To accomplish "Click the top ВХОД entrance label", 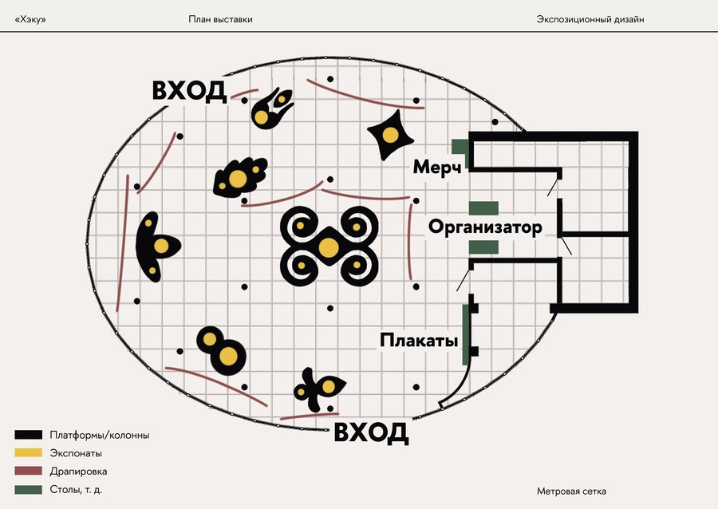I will coord(189,91).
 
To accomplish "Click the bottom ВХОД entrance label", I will coord(371,433).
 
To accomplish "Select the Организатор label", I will coord(485,227).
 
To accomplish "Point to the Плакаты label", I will coord(419,341).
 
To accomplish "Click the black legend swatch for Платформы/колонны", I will coord(28,435).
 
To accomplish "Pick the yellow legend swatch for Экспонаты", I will coord(28,453).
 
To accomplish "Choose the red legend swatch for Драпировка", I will coord(28,472).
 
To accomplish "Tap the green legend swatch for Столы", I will coord(28,489).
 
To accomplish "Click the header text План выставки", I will coord(221,19).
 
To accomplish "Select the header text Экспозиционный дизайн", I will coord(590,19).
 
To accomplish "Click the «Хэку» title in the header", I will coord(30,19).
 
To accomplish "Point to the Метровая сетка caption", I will coord(577,491).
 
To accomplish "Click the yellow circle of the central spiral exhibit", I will coord(327,247).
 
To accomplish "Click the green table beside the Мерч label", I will coord(459,146).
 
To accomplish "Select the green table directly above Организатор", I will coord(483,208).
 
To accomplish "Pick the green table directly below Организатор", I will coord(483,247).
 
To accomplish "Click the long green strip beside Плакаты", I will coord(465,334).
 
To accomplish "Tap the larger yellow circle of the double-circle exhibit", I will coord(229,357).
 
